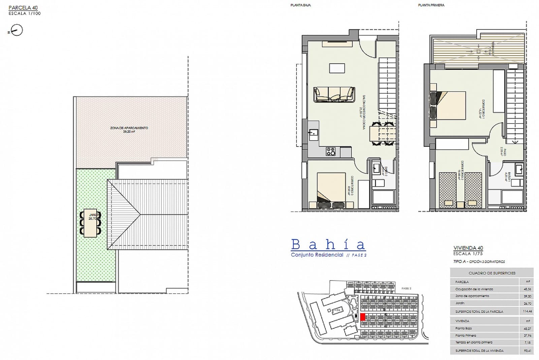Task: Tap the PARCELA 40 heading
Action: (x=23, y=8)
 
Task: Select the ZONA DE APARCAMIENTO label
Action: (x=129, y=128)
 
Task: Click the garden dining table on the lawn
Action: (x=91, y=223)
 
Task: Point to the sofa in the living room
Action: (x=334, y=94)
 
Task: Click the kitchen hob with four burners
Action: (x=330, y=152)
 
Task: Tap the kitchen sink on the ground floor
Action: (x=313, y=134)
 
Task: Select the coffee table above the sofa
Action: (x=337, y=68)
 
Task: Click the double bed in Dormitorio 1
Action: (x=448, y=105)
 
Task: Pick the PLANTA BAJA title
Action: (x=300, y=5)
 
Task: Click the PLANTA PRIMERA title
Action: (x=431, y=5)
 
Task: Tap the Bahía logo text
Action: (x=328, y=244)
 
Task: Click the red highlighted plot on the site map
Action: (x=363, y=317)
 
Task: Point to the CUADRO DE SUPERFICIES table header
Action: (x=492, y=273)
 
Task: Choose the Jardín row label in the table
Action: (x=460, y=303)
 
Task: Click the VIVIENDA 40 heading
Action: (x=468, y=248)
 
